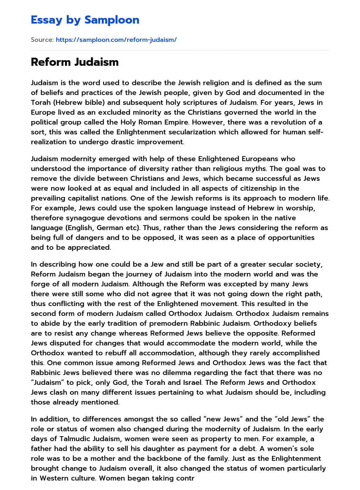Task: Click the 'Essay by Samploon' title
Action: click(x=85, y=20)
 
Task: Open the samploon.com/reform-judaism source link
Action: click(x=116, y=40)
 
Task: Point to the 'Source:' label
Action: click(x=42, y=40)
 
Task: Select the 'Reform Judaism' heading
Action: click(x=75, y=62)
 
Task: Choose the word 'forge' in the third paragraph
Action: click(x=40, y=284)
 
